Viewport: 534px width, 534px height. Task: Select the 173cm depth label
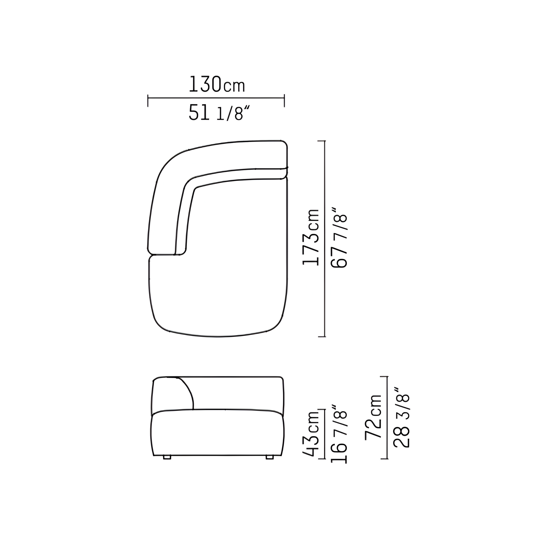pos(311,237)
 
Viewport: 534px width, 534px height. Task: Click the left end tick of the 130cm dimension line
pos(148,101)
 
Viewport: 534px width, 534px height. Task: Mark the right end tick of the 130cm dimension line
pos(284,101)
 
